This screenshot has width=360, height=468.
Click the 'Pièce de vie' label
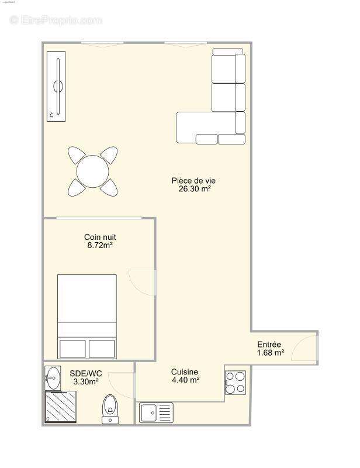(x=189, y=181)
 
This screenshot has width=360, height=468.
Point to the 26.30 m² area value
(x=189, y=189)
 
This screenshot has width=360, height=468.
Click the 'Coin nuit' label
(x=100, y=237)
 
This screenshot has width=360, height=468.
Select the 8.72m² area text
(x=99, y=246)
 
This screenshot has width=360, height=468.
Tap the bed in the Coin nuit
(x=87, y=316)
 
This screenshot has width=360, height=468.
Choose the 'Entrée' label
(x=269, y=345)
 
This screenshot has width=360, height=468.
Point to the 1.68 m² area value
(x=270, y=353)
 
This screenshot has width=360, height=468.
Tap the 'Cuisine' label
(x=184, y=372)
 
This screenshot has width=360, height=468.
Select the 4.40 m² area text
(x=185, y=380)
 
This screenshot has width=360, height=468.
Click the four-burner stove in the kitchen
(x=236, y=382)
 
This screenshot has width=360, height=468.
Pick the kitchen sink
(x=156, y=412)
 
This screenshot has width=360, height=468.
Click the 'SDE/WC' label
(x=85, y=373)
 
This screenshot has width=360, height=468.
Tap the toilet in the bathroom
(x=109, y=408)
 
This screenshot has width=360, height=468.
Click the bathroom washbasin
(x=53, y=378)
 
